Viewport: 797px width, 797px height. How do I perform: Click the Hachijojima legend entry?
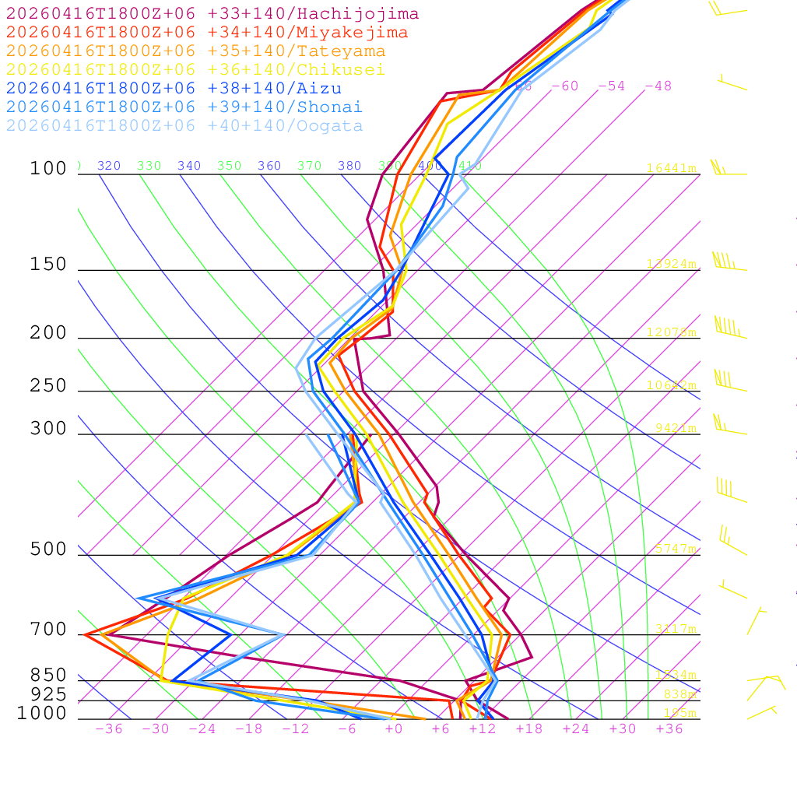tap(212, 14)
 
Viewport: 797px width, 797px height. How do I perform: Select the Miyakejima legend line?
tap(206, 33)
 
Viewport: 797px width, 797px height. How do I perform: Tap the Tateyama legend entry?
tap(195, 51)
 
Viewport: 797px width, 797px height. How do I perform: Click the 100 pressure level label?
tap(48, 168)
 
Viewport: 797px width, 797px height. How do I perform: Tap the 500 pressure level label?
tap(48, 549)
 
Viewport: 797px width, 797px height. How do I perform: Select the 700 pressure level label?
tap(48, 629)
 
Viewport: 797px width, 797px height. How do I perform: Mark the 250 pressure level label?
tap(48, 386)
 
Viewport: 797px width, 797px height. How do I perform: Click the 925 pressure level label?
tap(48, 693)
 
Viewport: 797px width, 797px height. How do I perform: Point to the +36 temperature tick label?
tap(669, 729)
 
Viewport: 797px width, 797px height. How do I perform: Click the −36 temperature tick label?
tap(109, 729)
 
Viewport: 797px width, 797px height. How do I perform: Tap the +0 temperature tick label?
tap(393, 729)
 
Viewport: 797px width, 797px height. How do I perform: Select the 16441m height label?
tap(671, 168)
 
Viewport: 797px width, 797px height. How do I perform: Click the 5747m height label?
tap(674, 549)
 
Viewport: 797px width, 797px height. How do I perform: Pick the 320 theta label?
tap(109, 166)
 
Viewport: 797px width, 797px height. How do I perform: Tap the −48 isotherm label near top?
tap(658, 86)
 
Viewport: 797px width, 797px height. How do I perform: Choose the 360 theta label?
tap(269, 166)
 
